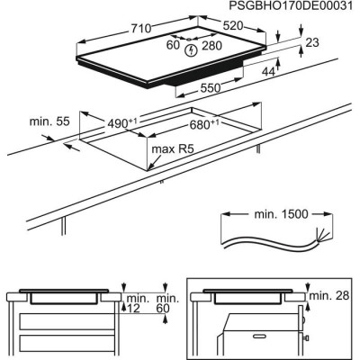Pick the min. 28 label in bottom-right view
328,296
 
